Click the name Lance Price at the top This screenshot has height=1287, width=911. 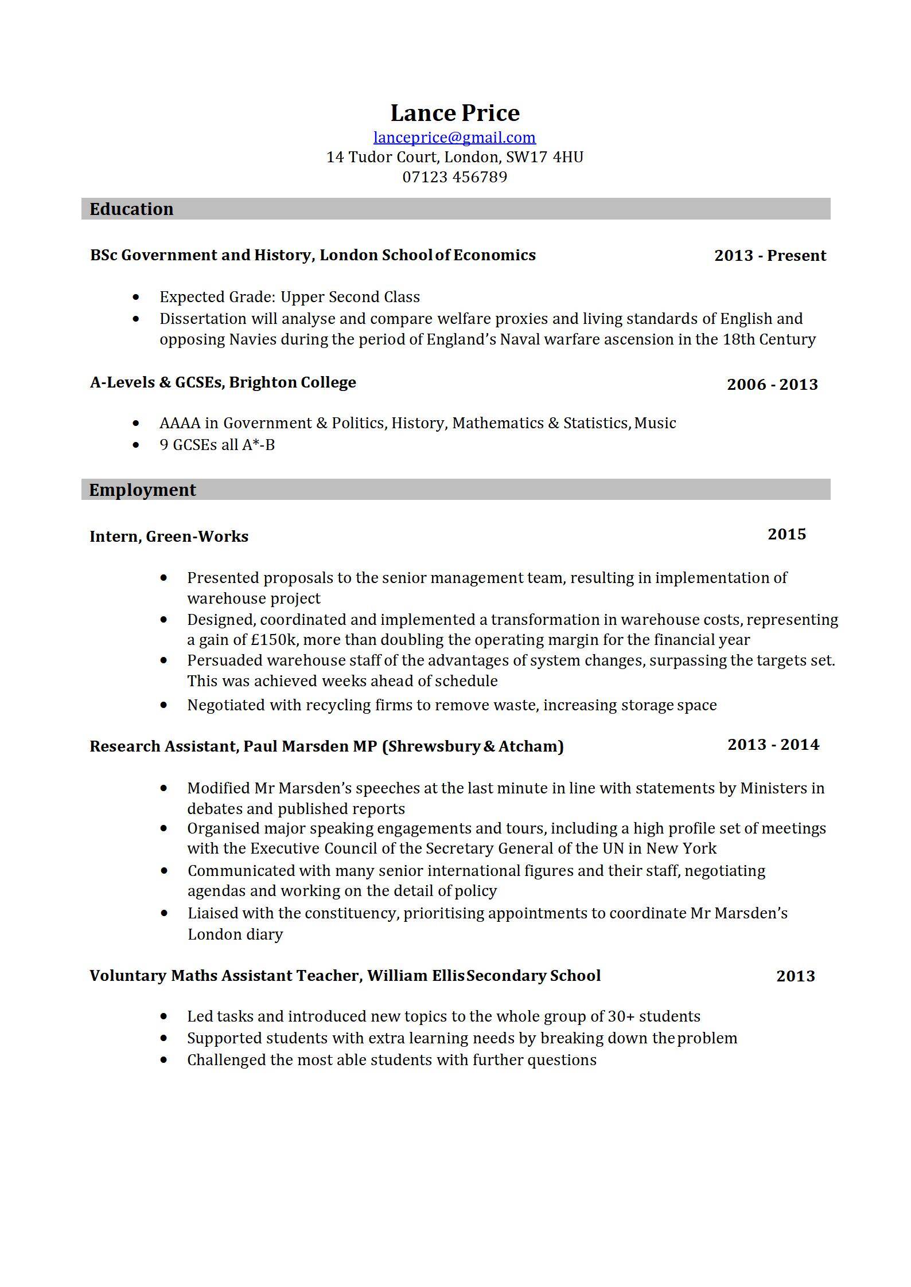click(x=455, y=113)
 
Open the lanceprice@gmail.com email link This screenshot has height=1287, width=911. click(x=454, y=138)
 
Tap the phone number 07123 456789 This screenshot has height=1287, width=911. click(x=455, y=177)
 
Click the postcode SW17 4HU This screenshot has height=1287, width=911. click(x=544, y=157)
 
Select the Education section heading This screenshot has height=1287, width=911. click(x=131, y=209)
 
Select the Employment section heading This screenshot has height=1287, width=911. click(x=142, y=490)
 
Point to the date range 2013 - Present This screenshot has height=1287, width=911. click(x=770, y=256)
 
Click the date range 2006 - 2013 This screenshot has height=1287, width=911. click(x=772, y=384)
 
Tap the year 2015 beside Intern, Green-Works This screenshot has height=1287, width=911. click(x=787, y=534)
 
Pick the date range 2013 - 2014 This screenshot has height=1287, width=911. click(x=773, y=745)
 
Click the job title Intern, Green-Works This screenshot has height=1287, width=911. click(x=169, y=537)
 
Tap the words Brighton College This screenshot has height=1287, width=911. click(x=292, y=382)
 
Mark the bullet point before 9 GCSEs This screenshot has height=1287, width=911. click(x=136, y=445)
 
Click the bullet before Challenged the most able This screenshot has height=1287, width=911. click(x=164, y=1060)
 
